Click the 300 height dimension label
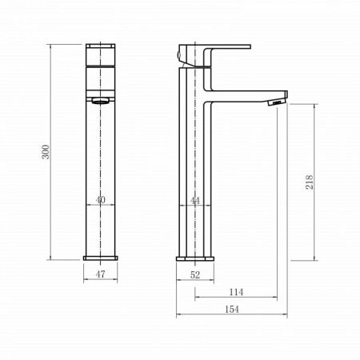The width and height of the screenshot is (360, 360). [46, 152]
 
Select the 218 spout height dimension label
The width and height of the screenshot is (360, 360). [310, 182]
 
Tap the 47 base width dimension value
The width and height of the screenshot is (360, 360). [100, 274]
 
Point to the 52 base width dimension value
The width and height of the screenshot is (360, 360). [195, 275]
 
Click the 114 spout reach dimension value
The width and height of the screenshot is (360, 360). [236, 292]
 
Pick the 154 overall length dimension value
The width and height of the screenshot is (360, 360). [232, 310]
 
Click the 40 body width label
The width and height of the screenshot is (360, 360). [100, 200]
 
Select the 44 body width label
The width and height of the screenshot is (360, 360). [195, 200]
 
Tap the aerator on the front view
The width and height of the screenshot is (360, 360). [101, 101]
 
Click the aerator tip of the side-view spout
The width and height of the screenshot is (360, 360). [277, 102]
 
